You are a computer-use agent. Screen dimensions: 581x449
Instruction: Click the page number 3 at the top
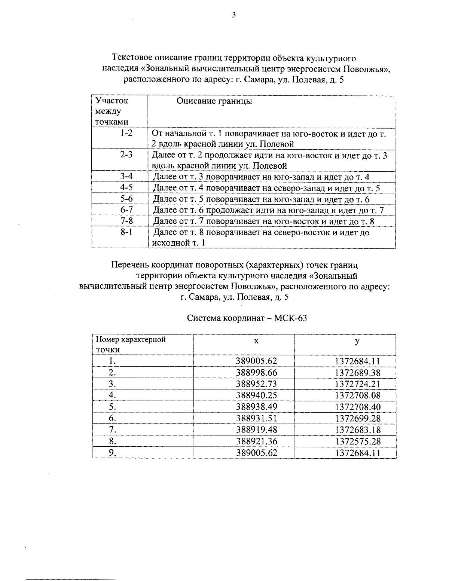pyautogui.click(x=233, y=15)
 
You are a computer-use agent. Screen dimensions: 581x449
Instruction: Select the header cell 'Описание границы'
pyautogui.click(x=214, y=101)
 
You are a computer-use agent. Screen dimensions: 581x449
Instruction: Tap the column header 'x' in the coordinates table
pyautogui.click(x=256, y=341)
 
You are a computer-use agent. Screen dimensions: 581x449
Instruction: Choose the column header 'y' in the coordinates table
pyautogui.click(x=358, y=341)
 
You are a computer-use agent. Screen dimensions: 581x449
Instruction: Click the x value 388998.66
pyautogui.click(x=256, y=373)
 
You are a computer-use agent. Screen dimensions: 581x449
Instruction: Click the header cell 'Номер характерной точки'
pyautogui.click(x=131, y=345)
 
